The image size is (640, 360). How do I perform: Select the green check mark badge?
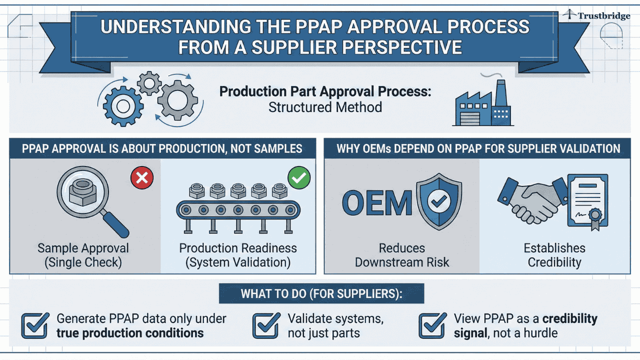tap(299, 177)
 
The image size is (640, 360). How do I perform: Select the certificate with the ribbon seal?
tap(587, 200)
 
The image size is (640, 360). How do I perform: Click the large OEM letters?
tap(377, 202)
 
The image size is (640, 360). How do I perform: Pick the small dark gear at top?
tap(148, 82)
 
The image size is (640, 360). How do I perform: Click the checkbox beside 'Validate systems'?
tap(265, 325)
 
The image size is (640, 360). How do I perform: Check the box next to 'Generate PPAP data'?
tap(35, 325)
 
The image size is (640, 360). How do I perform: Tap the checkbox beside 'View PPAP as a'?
tap(432, 325)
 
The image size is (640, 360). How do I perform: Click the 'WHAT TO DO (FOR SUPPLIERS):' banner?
tap(321, 293)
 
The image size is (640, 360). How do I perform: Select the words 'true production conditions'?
tap(130, 333)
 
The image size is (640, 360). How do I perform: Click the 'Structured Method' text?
tap(325, 107)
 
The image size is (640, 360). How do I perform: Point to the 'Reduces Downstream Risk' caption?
tap(402, 255)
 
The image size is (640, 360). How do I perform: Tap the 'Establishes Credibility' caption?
tap(554, 255)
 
